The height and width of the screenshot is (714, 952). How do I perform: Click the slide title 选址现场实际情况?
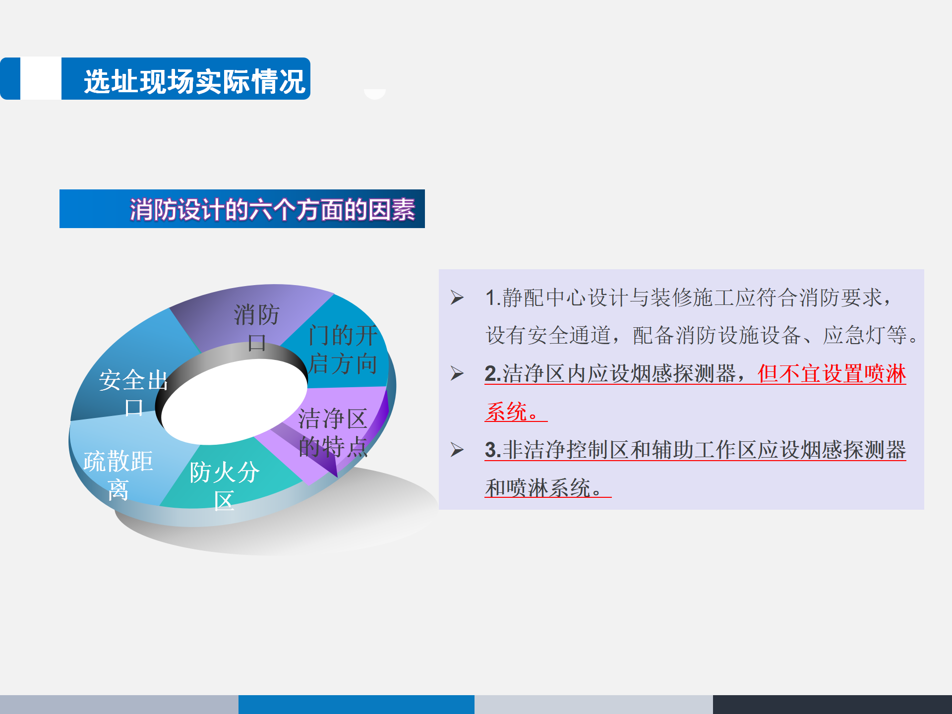[194, 81]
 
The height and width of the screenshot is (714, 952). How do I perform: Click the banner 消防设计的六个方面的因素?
[272, 209]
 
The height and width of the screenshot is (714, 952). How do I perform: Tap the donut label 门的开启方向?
[343, 350]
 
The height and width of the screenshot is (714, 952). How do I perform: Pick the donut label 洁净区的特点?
[333, 432]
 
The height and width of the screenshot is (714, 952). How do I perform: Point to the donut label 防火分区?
[224, 486]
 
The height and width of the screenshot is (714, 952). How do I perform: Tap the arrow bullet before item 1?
[457, 297]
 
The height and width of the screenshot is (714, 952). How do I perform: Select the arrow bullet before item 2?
[457, 373]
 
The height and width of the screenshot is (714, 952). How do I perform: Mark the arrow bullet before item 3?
[457, 450]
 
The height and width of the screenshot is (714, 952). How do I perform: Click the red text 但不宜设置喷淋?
[832, 373]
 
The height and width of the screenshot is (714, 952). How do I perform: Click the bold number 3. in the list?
[493, 450]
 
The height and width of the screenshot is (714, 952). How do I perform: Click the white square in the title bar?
[41, 78]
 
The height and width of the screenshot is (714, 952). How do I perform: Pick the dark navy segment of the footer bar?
[833, 705]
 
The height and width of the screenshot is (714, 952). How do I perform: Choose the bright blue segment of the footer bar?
[357, 705]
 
